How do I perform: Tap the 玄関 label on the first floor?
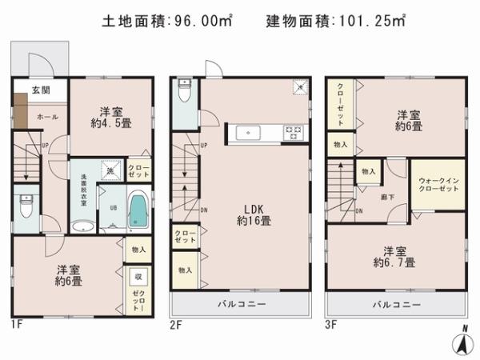click(41, 90)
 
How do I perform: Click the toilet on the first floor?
click(26, 207)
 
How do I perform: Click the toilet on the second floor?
click(182, 90)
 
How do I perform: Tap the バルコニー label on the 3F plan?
click(397, 304)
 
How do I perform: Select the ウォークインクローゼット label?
click(438, 184)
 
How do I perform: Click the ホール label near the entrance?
click(46, 117)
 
